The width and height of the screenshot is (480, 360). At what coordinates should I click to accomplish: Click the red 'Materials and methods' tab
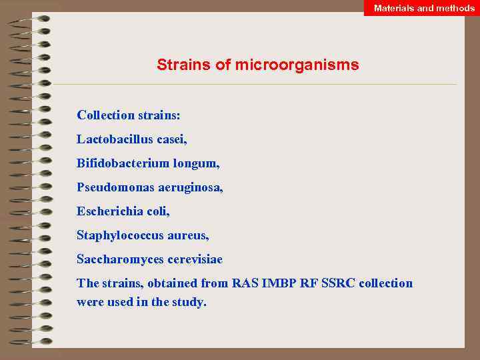point(424,8)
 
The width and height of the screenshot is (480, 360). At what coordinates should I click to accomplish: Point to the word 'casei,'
point(170,139)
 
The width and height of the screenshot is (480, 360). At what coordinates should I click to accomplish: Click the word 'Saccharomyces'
point(117,259)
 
